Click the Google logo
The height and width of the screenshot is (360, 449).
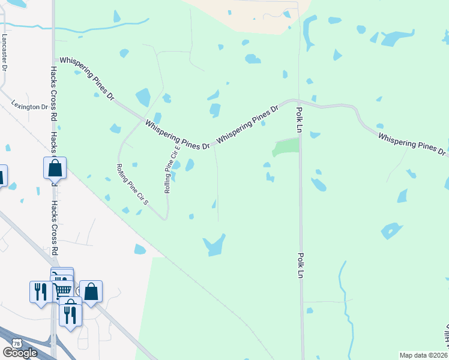[x=19, y=353]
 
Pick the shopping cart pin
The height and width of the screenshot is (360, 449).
[x=62, y=289]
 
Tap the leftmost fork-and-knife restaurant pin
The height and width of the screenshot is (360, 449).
[x=40, y=292]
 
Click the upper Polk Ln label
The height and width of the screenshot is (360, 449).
[x=298, y=120]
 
